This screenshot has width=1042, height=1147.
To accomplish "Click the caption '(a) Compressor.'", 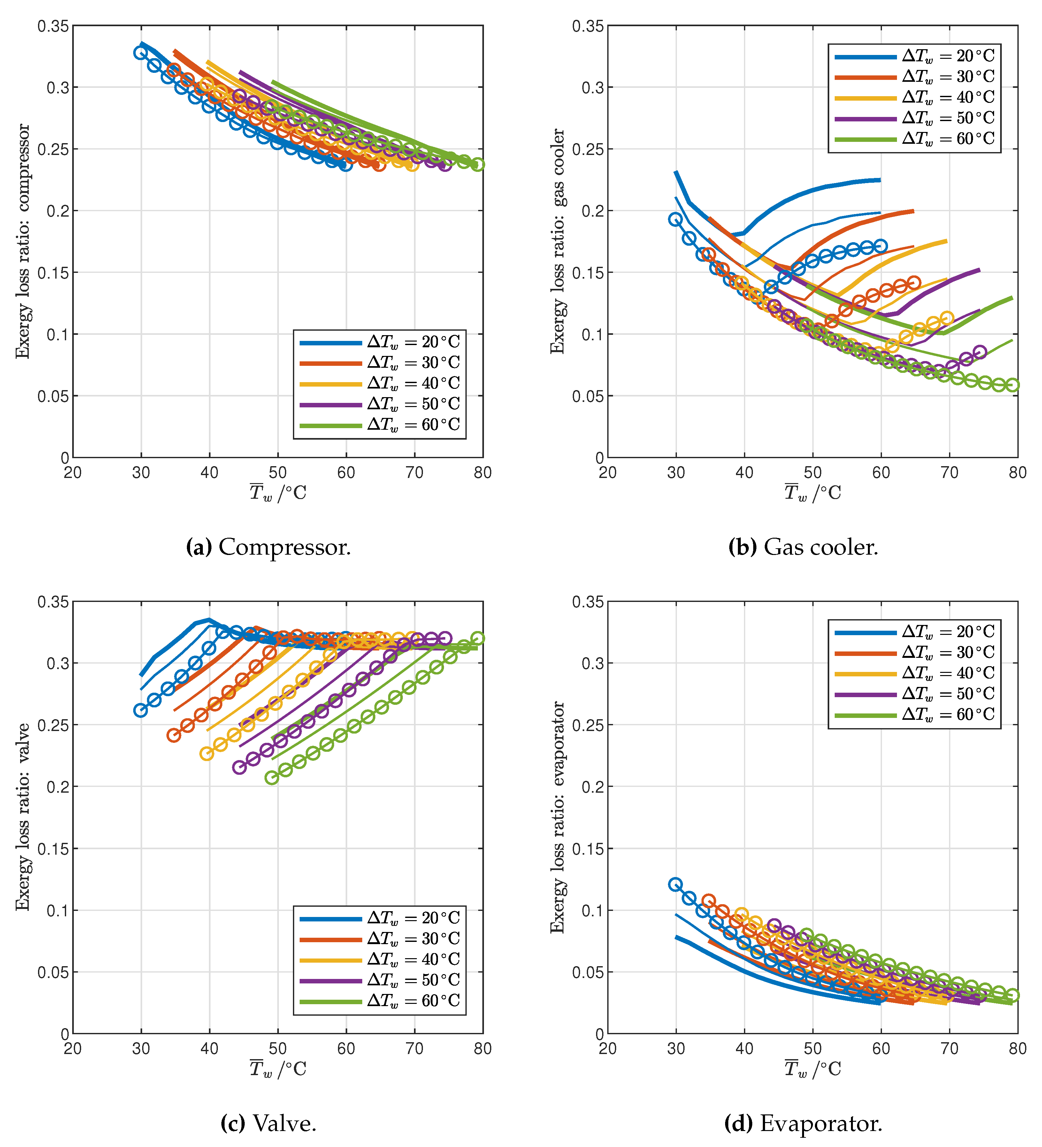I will tap(268, 547).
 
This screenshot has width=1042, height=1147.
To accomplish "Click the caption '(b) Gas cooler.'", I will tap(803, 547).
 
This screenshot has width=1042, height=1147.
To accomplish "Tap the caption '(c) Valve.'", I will tap(268, 1124).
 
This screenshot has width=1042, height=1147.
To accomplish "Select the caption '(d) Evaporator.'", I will tap(803, 1124).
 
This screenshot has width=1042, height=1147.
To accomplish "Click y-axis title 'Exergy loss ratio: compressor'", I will tap(23, 241).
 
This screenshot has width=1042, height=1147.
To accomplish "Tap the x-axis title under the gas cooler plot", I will tap(812, 493).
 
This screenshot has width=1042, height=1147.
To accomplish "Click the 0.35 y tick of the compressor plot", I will tap(53, 26).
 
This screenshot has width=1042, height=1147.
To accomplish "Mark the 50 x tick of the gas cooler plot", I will tap(812, 473).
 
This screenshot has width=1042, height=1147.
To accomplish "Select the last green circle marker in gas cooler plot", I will tap(1012, 385).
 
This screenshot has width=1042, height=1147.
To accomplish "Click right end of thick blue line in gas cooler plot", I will tap(880, 180).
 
